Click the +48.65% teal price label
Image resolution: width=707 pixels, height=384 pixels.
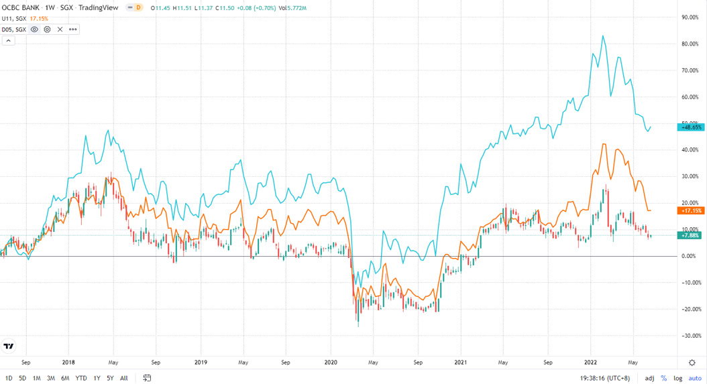point(691,127)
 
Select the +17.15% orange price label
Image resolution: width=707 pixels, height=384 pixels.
point(691,210)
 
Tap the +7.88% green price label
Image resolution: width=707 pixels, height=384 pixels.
point(691,235)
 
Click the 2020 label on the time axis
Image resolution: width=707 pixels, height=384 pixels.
point(331,362)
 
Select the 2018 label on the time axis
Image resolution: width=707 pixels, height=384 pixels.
point(68,362)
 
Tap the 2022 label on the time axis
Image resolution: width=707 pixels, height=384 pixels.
point(592,362)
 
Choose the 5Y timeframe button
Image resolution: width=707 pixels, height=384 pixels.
point(110,378)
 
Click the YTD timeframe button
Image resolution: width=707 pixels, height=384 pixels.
point(80,378)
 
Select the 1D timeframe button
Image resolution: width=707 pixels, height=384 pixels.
point(9,378)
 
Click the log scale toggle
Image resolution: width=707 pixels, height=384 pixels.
point(678,378)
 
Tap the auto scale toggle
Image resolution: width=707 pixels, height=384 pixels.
point(695,378)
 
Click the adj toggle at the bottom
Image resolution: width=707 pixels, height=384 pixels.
point(649,378)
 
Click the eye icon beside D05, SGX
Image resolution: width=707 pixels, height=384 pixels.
point(34,29)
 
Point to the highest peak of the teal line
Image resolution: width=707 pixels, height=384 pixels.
point(604,36)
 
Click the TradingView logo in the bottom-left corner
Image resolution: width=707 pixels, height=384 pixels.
point(9,346)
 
